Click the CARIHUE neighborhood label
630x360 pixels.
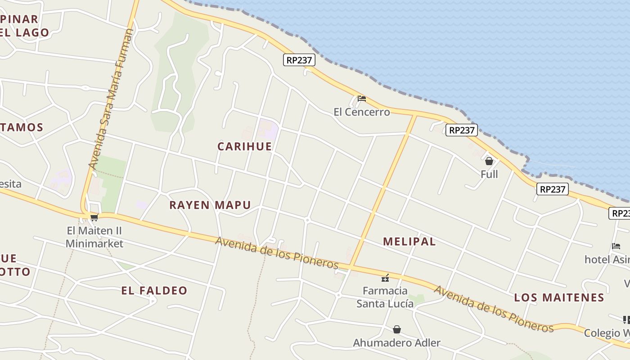point(244,146)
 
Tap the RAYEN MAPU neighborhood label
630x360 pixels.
point(210,205)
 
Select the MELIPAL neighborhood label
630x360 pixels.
point(409,242)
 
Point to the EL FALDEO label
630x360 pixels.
point(154,291)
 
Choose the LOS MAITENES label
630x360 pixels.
point(559,297)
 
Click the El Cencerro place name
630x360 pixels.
point(361,112)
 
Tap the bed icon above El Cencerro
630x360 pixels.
point(361,99)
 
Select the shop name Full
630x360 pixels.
point(489,174)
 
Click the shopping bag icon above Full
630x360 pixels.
point(489,161)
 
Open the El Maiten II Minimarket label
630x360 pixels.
point(94,237)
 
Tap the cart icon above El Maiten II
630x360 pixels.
point(94,218)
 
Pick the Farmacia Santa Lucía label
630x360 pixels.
point(385,297)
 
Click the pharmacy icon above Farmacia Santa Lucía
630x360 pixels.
point(385,278)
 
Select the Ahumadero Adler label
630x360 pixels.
point(396,343)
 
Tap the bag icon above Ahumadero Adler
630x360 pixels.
point(396,330)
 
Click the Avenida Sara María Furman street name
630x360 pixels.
point(111,99)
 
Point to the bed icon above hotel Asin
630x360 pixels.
point(616,246)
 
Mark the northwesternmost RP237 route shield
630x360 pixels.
point(299,60)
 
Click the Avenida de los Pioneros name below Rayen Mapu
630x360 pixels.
point(276,252)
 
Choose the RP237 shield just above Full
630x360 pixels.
point(462,130)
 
